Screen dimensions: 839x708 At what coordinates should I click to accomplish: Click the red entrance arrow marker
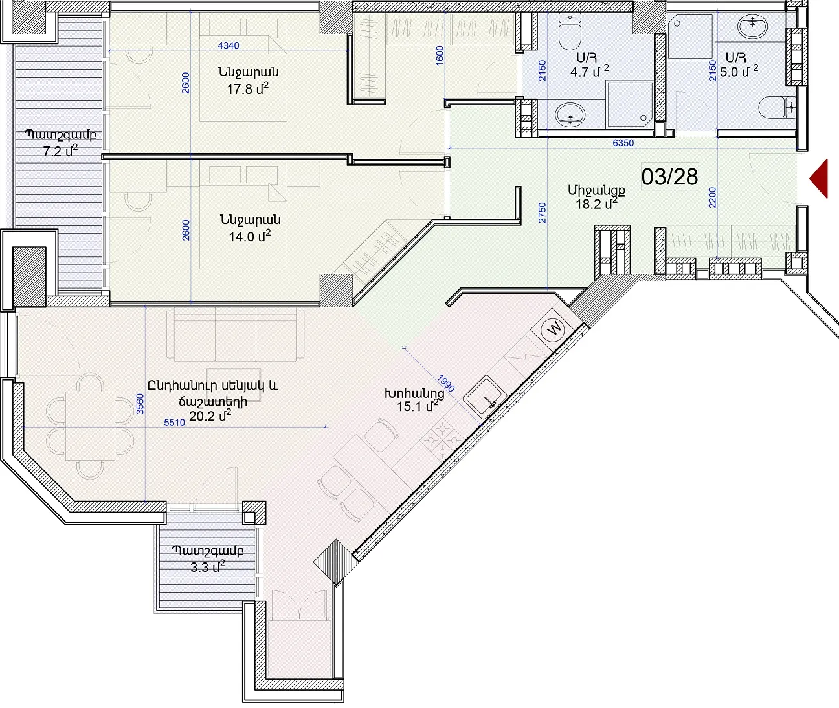click(x=820, y=179)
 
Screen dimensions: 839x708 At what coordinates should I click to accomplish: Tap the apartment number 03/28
click(x=669, y=177)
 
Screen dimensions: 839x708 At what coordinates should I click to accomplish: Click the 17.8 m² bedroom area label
click(x=248, y=80)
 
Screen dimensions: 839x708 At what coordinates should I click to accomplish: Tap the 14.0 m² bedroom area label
click(x=249, y=228)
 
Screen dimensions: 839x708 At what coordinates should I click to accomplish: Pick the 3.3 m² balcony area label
click(x=208, y=559)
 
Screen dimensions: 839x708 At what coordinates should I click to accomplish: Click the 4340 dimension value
click(x=229, y=45)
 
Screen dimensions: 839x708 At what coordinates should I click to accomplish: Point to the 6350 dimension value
click(x=623, y=142)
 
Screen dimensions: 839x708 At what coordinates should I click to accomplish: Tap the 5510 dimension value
click(x=174, y=423)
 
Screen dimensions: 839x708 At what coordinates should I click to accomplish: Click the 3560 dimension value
click(x=140, y=404)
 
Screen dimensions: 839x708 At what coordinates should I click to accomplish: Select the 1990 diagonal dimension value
click(x=446, y=383)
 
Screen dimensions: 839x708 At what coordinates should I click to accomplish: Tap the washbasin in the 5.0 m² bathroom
click(x=753, y=26)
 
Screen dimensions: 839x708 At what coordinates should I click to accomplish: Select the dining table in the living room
click(x=90, y=426)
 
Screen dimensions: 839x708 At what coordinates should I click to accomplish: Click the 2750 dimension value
click(x=543, y=212)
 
